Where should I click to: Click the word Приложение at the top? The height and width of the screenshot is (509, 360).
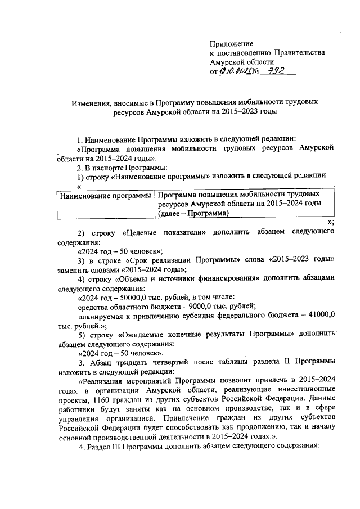click(231, 43)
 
